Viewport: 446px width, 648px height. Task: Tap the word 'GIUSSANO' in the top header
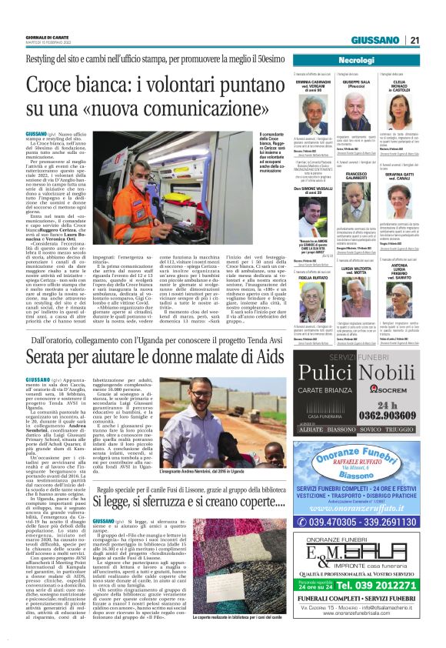click(x=374, y=40)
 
